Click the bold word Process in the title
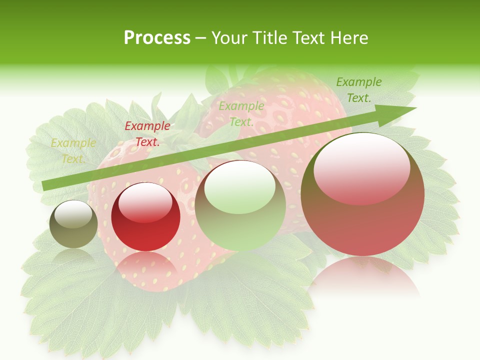(x=157, y=38)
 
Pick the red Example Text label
(x=147, y=134)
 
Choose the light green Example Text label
(x=241, y=113)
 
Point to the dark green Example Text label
(x=358, y=90)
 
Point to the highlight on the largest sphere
(x=361, y=170)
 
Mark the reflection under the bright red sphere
(x=146, y=267)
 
